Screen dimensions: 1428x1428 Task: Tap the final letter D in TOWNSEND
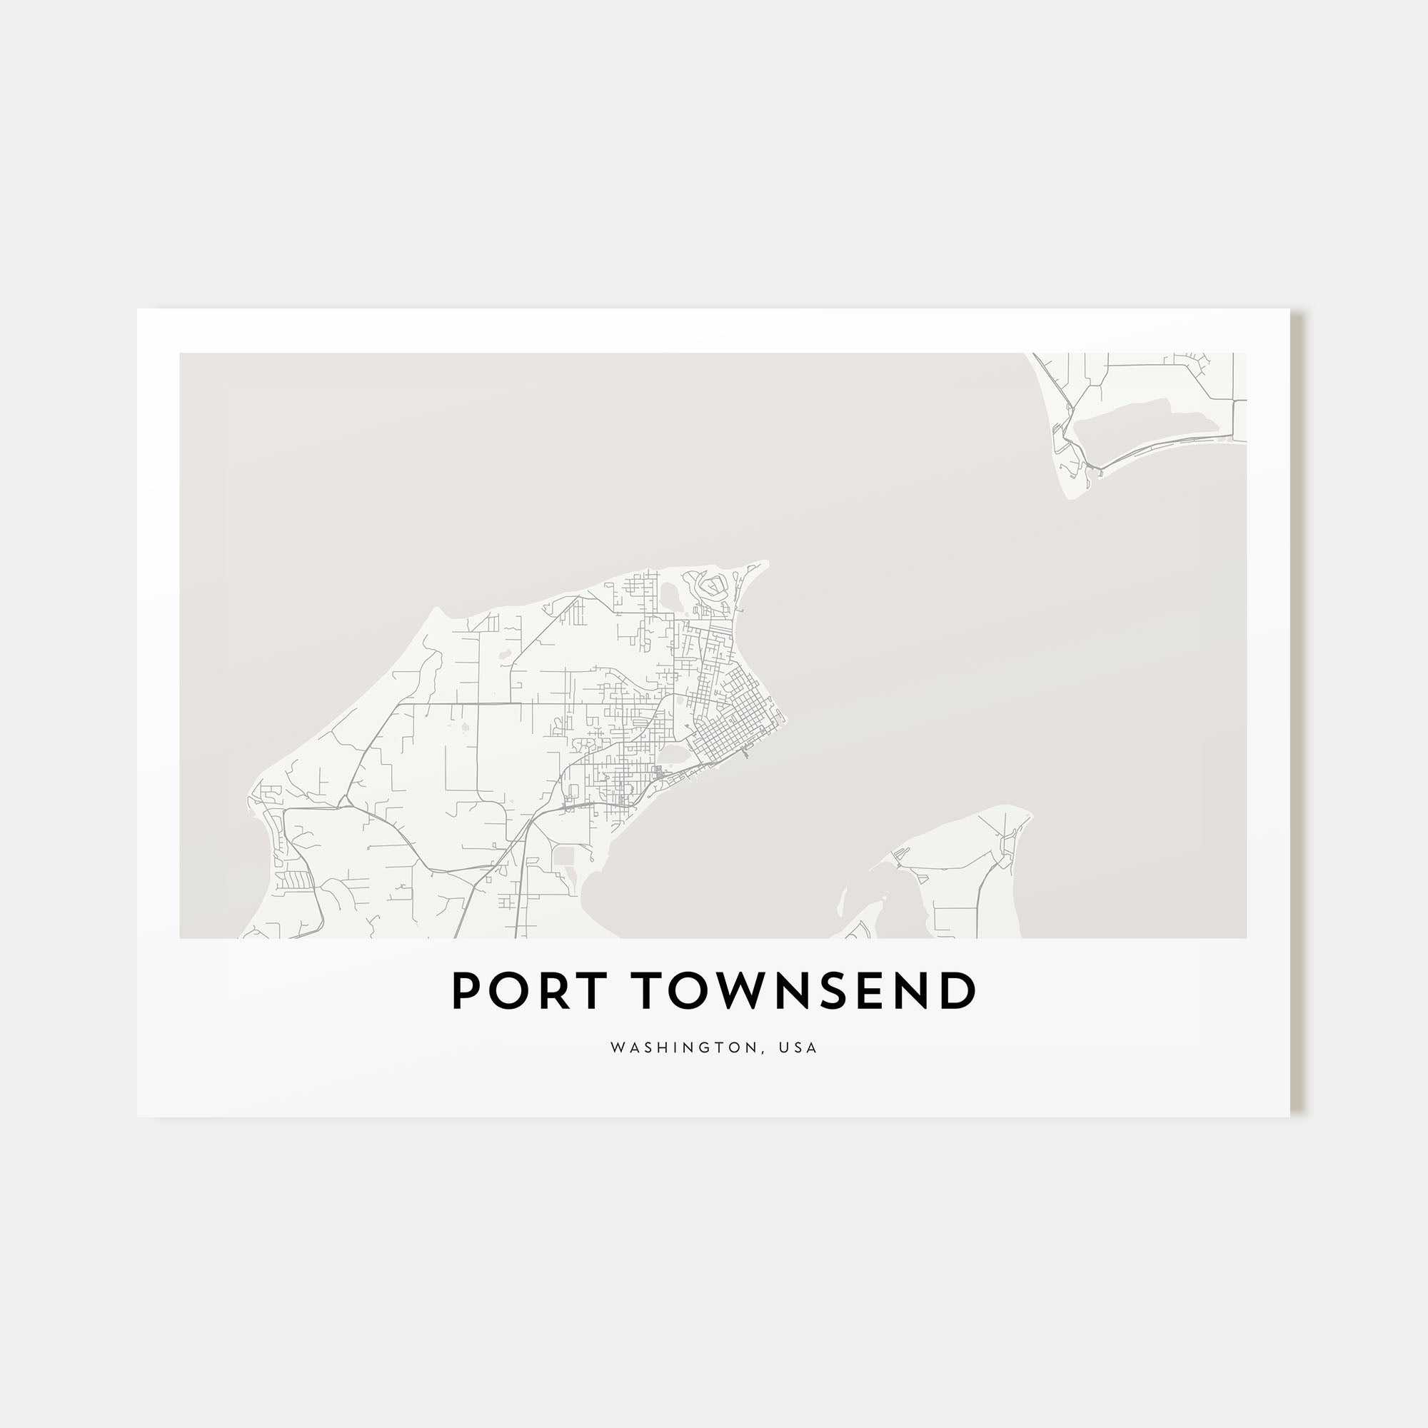(x=960, y=992)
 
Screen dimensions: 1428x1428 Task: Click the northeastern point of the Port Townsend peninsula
(x=764, y=564)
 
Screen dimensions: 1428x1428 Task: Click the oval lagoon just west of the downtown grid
(x=673, y=755)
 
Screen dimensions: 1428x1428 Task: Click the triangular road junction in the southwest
(x=343, y=801)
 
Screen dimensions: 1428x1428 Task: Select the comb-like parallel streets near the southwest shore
(x=294, y=880)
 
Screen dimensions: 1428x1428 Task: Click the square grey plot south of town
(x=564, y=856)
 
